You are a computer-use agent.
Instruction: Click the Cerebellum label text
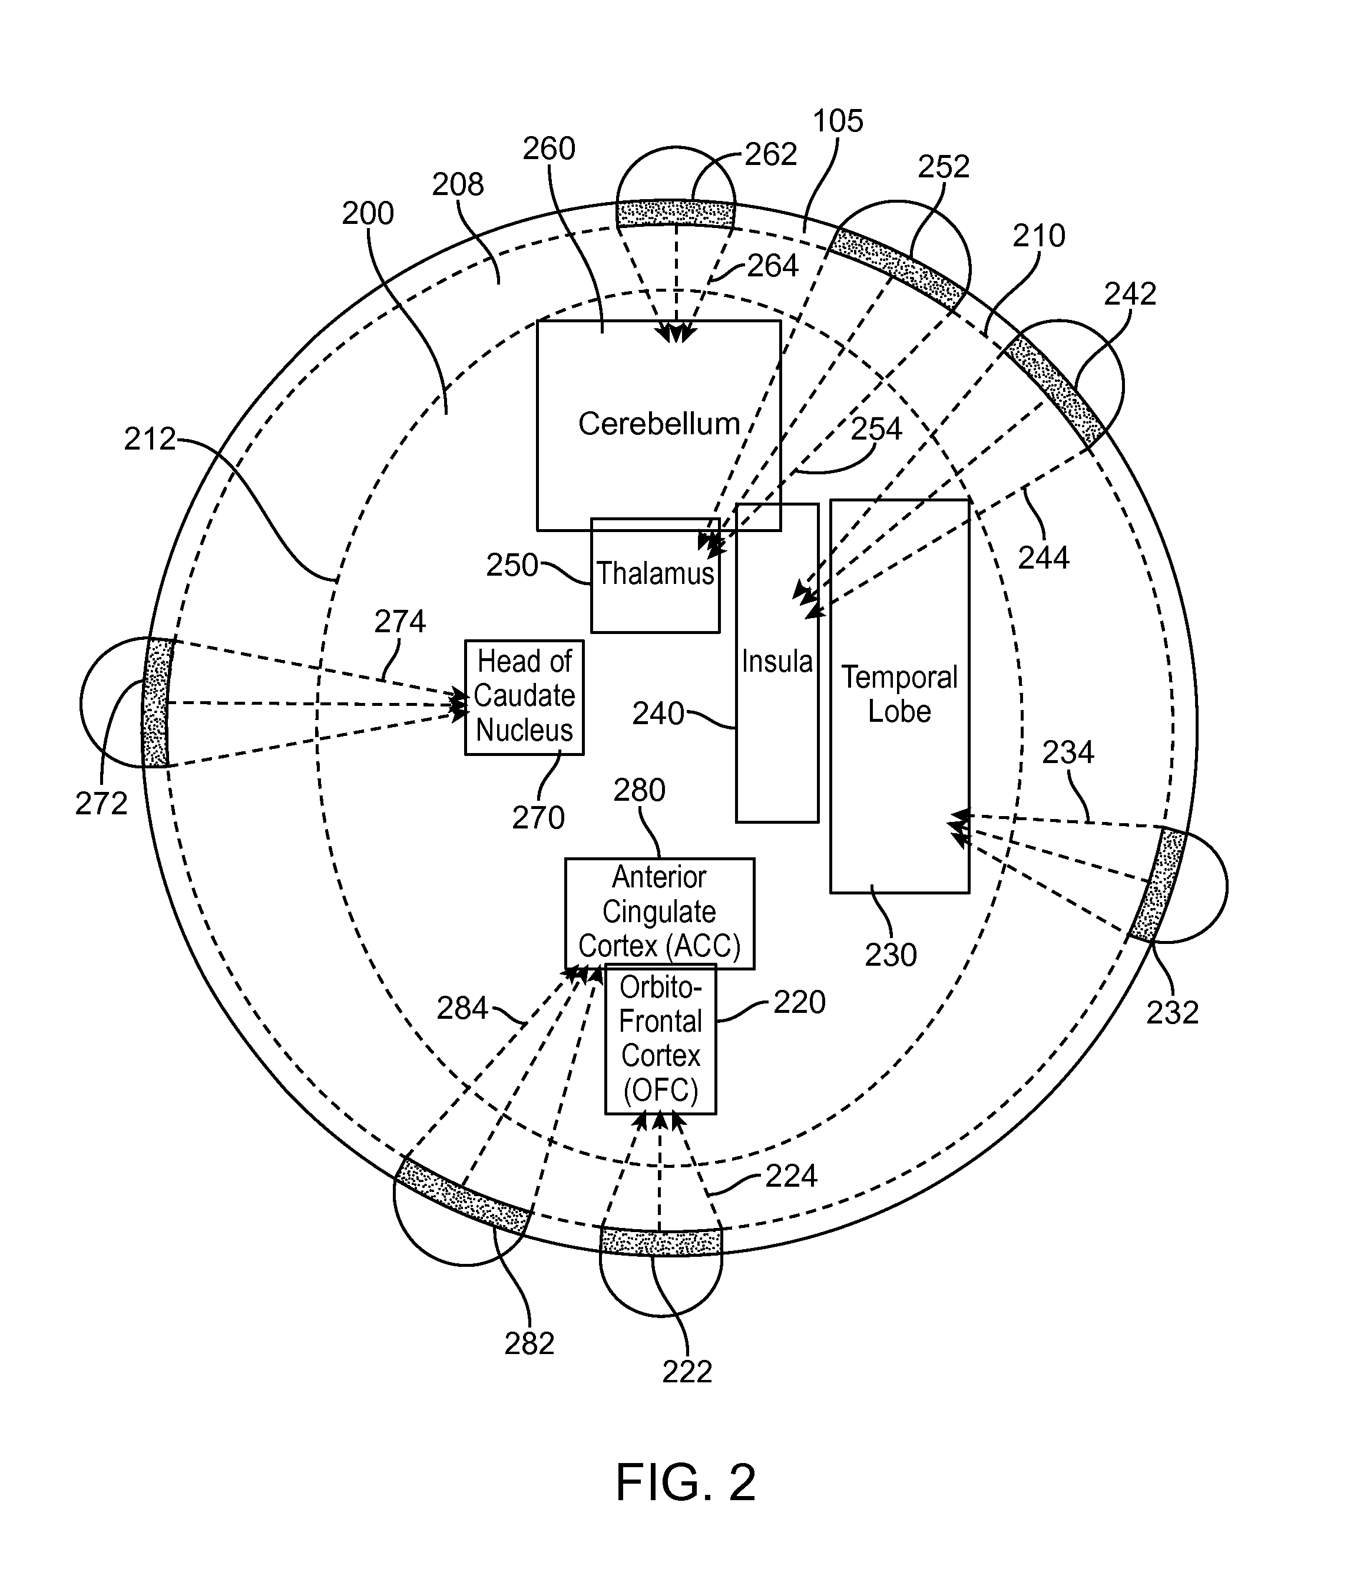tap(658, 424)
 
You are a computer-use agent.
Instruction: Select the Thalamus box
tap(655, 576)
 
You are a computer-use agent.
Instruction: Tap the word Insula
tap(776, 661)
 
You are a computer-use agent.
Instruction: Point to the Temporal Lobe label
tap(899, 694)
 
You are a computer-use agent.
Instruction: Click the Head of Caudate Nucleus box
tap(524, 697)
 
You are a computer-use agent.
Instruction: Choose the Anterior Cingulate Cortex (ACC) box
tap(660, 914)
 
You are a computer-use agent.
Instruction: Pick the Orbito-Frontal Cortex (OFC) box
tap(660, 1039)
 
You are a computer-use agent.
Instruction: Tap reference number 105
tap(838, 121)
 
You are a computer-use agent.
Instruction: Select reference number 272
tap(101, 804)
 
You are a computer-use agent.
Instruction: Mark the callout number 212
tap(150, 440)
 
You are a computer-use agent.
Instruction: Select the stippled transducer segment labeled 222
tap(660, 1242)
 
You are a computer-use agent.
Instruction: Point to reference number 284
tap(462, 1009)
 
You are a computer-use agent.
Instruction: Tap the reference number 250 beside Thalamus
tap(512, 566)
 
